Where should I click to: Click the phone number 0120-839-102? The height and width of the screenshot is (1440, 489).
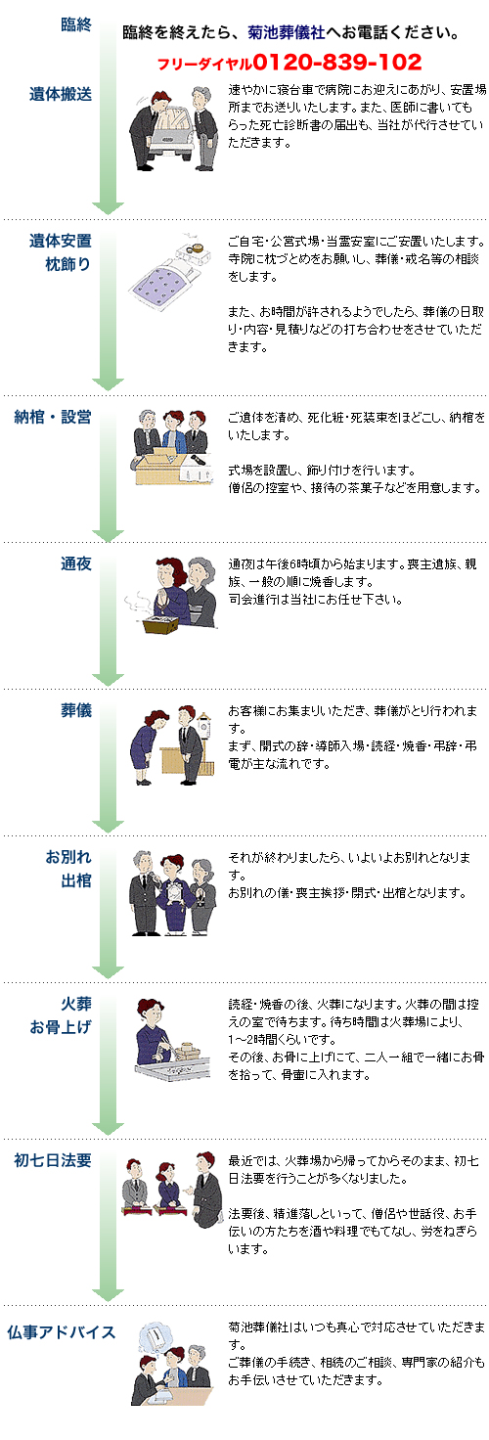[337, 62]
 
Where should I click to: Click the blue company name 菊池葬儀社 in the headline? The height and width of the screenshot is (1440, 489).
[287, 32]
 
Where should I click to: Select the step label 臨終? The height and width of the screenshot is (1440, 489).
[76, 24]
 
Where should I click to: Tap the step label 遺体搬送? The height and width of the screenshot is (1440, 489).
[61, 94]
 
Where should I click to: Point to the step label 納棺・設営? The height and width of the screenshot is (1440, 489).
[53, 417]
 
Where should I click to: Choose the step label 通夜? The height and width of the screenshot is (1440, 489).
[76, 563]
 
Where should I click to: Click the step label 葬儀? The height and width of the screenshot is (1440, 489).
[76, 710]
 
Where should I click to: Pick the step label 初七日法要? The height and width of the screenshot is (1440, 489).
[53, 1160]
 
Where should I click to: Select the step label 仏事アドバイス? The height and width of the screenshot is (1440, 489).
[61, 1332]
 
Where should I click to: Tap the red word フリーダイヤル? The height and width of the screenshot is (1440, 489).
[204, 64]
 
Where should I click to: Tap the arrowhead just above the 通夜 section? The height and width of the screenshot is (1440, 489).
[108, 535]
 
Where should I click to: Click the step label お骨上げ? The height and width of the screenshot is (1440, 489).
[61, 1027]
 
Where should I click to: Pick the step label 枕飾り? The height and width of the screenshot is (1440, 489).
[68, 264]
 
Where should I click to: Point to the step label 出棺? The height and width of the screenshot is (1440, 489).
[76, 880]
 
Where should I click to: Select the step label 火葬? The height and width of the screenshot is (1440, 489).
[76, 1004]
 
